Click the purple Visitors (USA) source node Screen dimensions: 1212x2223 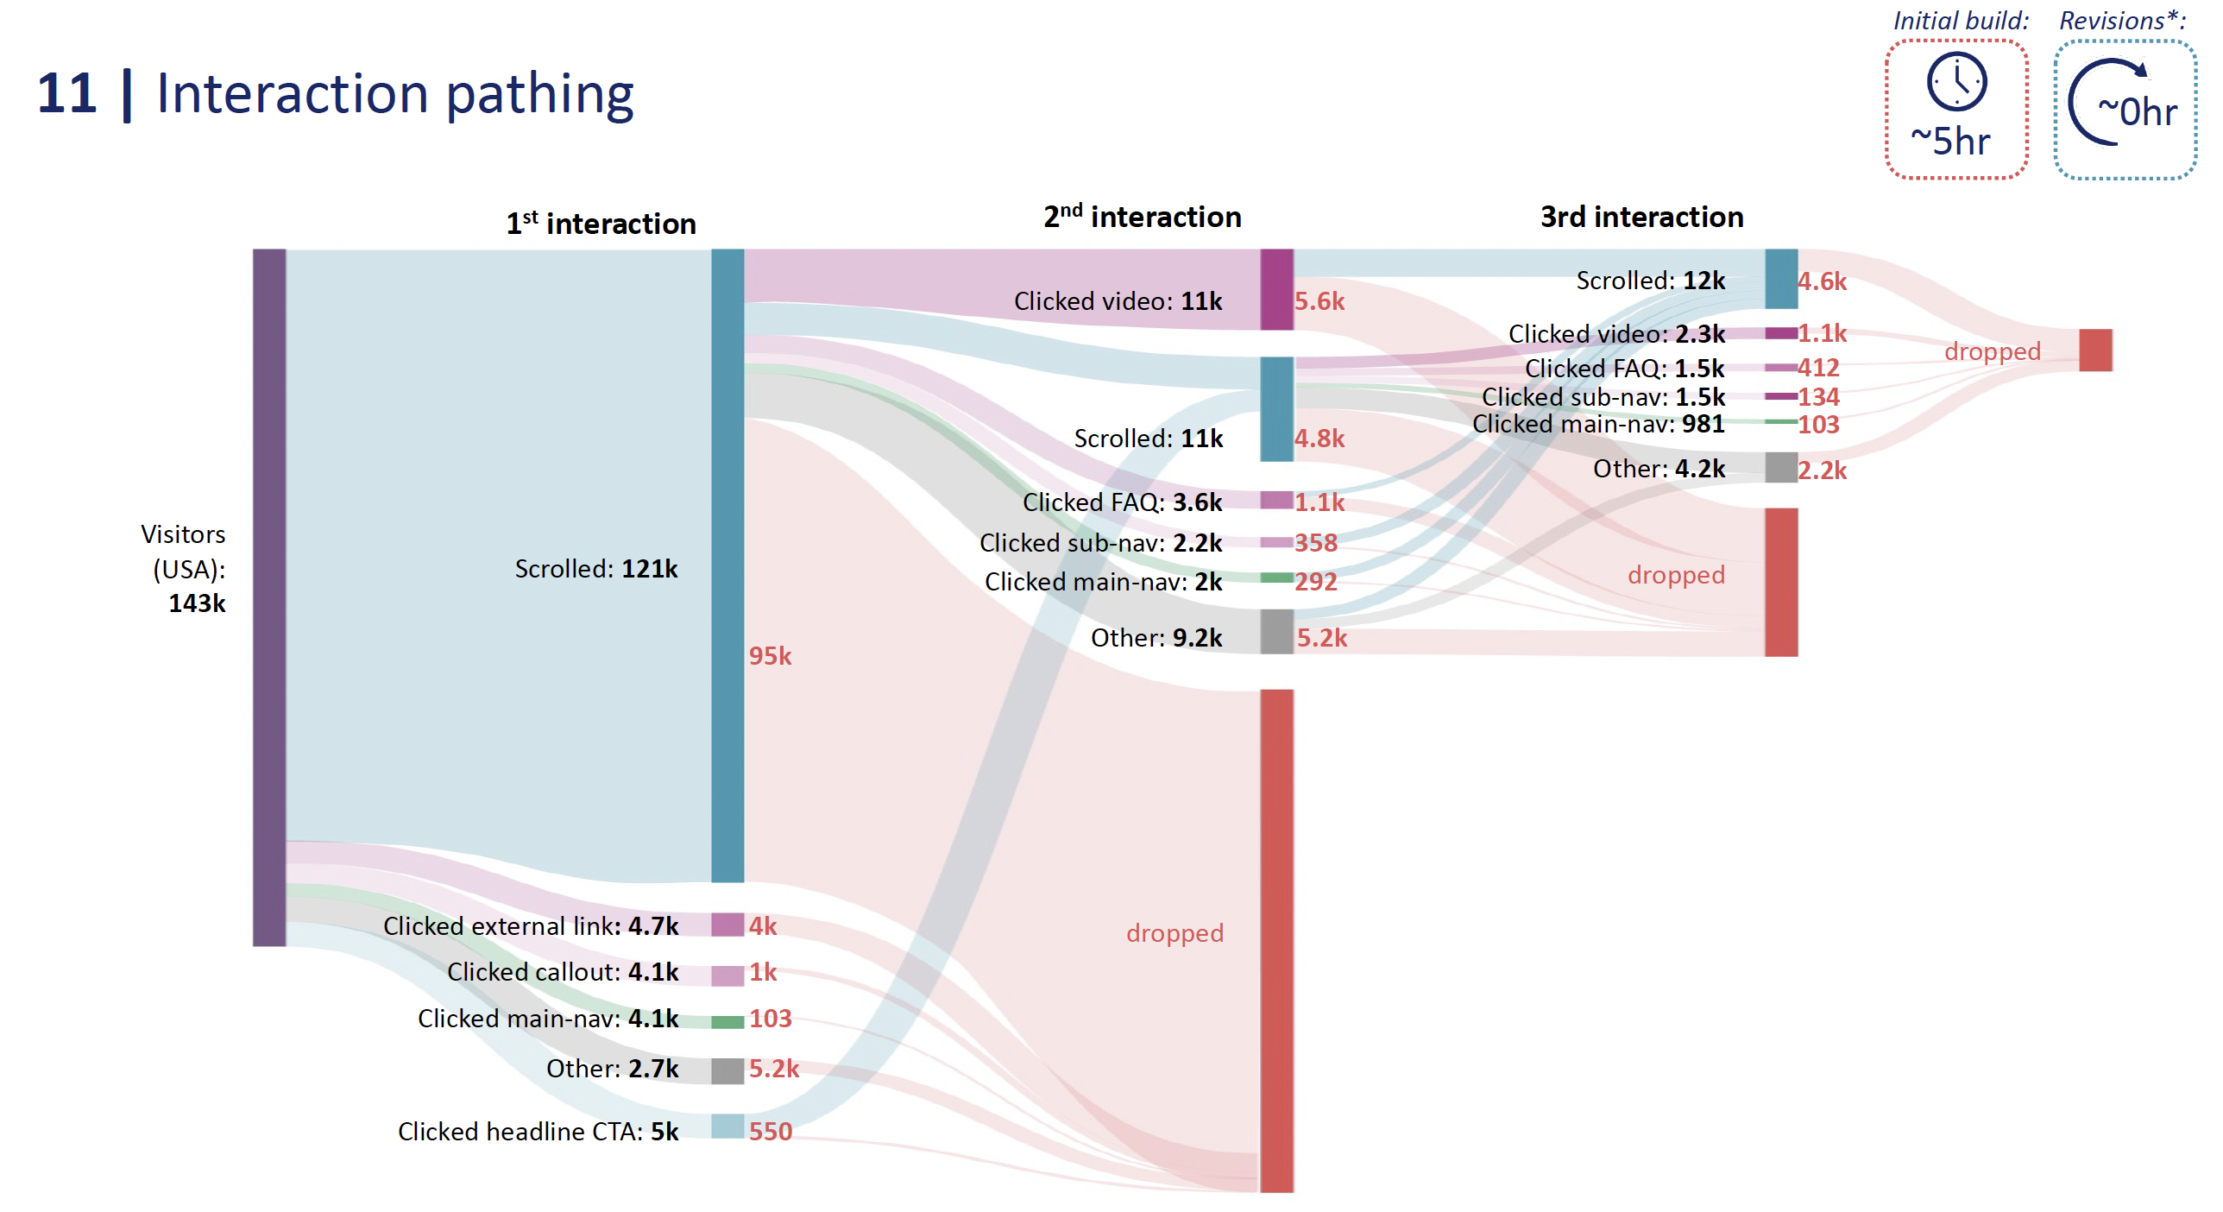(x=268, y=597)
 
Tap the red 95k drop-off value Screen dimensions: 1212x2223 (x=770, y=656)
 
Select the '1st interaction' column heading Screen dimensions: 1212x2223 (x=601, y=224)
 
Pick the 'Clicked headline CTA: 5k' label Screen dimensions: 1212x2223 (x=538, y=1131)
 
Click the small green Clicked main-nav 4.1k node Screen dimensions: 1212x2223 (x=727, y=1021)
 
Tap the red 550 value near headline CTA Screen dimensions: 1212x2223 (x=770, y=1131)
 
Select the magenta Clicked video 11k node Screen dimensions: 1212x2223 (x=1275, y=289)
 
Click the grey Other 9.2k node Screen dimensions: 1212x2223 (x=1275, y=631)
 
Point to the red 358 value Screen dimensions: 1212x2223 (x=1315, y=543)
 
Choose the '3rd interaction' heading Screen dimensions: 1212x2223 (x=1640, y=217)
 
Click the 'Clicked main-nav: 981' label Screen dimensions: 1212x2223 (x=1597, y=424)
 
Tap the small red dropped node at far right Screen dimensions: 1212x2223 (x=2094, y=350)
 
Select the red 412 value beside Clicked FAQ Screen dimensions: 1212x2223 (x=1818, y=368)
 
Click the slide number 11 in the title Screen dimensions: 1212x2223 (x=66, y=93)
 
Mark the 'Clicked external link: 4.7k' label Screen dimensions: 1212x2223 (x=530, y=925)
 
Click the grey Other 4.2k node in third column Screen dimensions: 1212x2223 (x=1780, y=467)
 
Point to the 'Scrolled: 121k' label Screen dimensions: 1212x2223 (x=595, y=569)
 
